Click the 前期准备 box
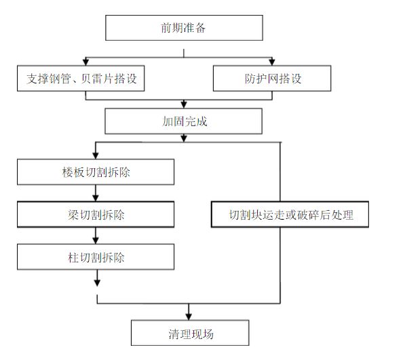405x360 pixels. pyautogui.click(x=183, y=28)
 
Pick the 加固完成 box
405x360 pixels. pyautogui.click(x=182, y=122)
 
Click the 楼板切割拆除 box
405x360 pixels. pyautogui.click(x=96, y=172)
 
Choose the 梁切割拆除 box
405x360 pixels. pyautogui.click(x=96, y=215)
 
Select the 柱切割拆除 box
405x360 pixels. pyautogui.click(x=96, y=258)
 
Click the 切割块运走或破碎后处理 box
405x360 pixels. pyautogui.click(x=290, y=215)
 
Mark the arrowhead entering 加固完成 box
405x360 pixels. pyautogui.click(x=183, y=105)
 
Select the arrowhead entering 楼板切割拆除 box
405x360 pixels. pyautogui.click(x=96, y=155)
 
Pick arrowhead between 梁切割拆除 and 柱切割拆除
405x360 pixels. pyautogui.click(x=96, y=240)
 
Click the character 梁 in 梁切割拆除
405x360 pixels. pyautogui.click(x=65, y=215)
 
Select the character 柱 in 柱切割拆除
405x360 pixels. pyautogui.click(x=65, y=258)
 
